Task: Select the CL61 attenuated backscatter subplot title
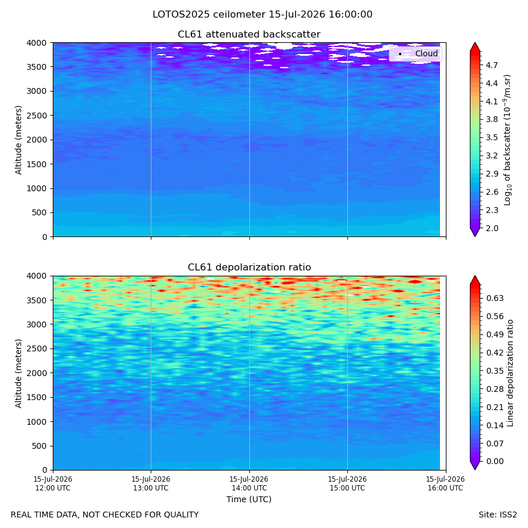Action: (x=249, y=35)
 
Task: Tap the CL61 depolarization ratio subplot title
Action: (x=249, y=268)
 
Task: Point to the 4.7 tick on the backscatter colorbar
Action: (x=492, y=65)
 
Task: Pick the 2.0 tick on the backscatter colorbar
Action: (x=492, y=228)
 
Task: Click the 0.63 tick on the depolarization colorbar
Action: (x=495, y=298)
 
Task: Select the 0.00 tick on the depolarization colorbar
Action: (x=495, y=461)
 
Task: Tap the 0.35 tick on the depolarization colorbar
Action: (x=495, y=371)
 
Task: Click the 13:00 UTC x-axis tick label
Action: (x=151, y=483)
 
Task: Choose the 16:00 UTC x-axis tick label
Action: (x=445, y=483)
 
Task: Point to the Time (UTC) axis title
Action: (x=249, y=499)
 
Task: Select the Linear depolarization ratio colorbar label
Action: (x=510, y=373)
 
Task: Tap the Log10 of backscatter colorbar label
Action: (x=507, y=140)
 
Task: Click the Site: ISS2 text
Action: (x=497, y=515)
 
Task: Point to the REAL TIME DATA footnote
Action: (x=105, y=515)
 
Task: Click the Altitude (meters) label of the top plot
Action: (x=18, y=140)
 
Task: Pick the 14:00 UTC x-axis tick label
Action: (x=249, y=483)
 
